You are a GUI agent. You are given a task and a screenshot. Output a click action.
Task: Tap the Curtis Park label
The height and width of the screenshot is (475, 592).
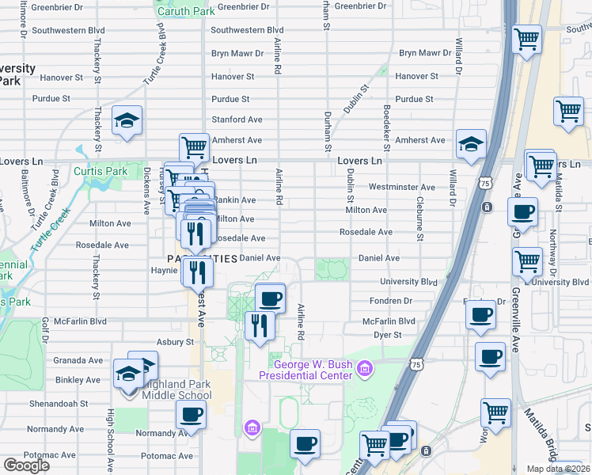coord(100,171)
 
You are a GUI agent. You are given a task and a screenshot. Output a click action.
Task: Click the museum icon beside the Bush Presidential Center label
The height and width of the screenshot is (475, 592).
coord(364,368)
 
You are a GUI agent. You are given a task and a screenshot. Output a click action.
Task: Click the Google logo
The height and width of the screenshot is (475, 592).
coord(26,465)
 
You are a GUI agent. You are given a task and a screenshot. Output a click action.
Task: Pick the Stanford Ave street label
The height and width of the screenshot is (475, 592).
coord(236,120)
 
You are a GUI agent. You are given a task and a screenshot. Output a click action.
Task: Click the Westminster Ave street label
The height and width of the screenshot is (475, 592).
coord(402,188)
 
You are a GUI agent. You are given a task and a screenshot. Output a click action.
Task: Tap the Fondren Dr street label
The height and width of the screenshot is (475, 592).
coord(392,301)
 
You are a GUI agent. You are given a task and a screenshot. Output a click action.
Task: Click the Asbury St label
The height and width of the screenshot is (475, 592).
coord(176,342)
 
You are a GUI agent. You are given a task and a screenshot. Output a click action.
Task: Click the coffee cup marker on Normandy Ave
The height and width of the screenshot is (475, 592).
coord(192,413)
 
